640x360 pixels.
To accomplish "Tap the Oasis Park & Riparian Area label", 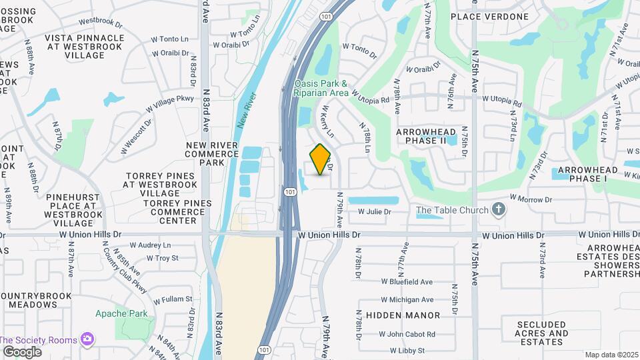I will click(x=321, y=89).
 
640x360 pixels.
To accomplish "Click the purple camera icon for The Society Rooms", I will click(x=87, y=339).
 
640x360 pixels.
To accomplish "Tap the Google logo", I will click(x=22, y=351).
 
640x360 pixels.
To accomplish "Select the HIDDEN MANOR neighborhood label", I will click(x=403, y=315).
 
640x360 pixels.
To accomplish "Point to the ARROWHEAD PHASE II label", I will click(x=430, y=137).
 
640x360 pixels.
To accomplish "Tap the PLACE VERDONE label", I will click(x=499, y=17).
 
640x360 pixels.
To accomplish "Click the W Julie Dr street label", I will click(x=374, y=212).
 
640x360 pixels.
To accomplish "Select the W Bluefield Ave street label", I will click(x=407, y=282).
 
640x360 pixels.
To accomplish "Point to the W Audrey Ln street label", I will click(x=150, y=245).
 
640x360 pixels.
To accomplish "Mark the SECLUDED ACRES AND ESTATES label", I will click(x=541, y=333).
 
